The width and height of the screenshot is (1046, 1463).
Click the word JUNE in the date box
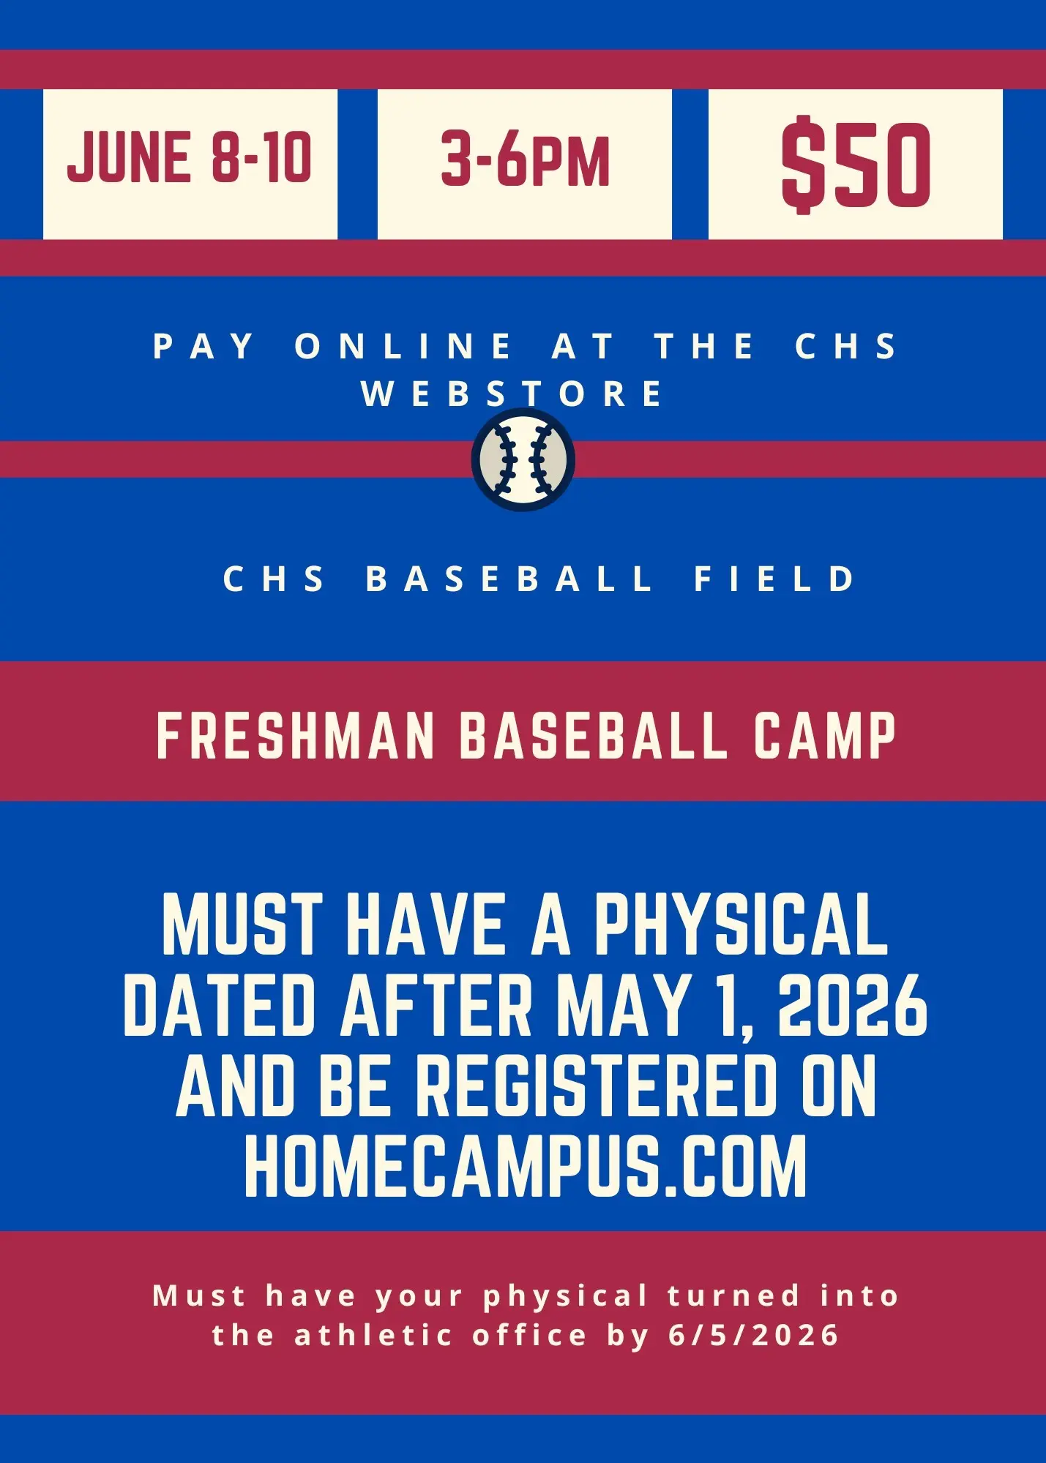pos(129,158)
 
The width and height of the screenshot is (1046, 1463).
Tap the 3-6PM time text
pos(525,159)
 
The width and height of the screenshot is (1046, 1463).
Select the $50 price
pos(856,164)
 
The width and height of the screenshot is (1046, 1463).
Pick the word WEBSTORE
pos(512,394)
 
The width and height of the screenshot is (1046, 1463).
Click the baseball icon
pos(523,459)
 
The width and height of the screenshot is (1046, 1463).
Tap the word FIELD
pos(774,579)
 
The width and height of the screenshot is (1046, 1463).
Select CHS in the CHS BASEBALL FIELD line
pos(273,579)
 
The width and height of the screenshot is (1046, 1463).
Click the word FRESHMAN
pos(296,736)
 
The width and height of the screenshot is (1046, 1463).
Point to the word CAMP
pos(825,736)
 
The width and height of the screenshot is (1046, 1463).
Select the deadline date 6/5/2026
pos(753,1336)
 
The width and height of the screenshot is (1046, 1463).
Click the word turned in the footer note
pos(733,1295)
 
